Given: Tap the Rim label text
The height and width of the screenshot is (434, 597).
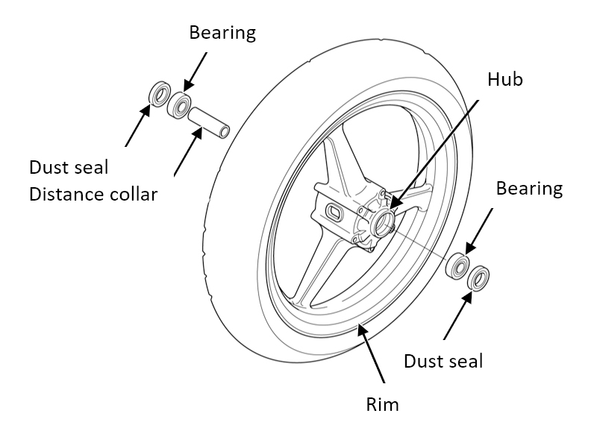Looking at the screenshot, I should pos(383,406).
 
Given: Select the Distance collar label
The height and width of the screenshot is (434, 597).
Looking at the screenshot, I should pos(93,195).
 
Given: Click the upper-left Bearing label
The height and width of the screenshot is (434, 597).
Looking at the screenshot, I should pos(222,33).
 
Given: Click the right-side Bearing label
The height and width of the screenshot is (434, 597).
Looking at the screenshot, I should pos(529,188).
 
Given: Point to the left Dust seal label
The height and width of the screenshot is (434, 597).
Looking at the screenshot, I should pos(69,168).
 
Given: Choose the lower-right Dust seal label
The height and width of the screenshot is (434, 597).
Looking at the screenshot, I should pos(443,362).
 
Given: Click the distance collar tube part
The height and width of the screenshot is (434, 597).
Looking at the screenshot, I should pos(207,123).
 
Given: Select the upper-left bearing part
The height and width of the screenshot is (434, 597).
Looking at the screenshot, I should pos(179,104).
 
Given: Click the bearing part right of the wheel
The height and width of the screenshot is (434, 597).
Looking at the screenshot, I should pos(457,265).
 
